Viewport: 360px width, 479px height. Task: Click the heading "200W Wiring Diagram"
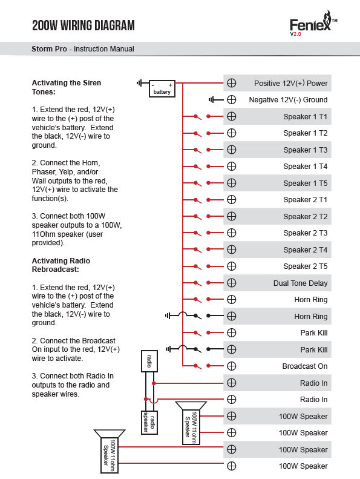[x=83, y=25]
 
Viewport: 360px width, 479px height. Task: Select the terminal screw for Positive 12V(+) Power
[x=232, y=83]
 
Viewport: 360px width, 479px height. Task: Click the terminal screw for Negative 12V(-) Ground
[x=232, y=99]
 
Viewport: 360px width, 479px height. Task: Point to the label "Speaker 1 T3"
[x=306, y=150]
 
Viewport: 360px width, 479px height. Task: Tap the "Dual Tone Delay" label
[x=301, y=283]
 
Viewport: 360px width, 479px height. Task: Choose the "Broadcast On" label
[x=305, y=366]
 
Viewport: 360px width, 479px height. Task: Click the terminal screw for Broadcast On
[x=232, y=366]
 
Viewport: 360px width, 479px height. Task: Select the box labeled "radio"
[x=149, y=361]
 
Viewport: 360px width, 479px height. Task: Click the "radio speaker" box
[x=149, y=422]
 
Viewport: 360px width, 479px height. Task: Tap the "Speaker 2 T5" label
[x=306, y=266]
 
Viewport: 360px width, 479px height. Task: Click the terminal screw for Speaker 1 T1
[x=232, y=116]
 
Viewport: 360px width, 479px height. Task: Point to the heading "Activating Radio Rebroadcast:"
[x=61, y=265]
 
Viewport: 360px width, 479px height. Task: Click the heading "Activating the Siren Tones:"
[x=67, y=87]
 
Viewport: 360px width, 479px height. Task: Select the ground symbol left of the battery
[x=140, y=83]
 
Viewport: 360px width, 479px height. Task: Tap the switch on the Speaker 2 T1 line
[x=202, y=200]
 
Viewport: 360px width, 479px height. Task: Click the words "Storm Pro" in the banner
[x=49, y=49]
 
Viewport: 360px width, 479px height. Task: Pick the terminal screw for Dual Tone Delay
[x=232, y=283]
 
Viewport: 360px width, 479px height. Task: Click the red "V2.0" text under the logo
[x=296, y=34]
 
